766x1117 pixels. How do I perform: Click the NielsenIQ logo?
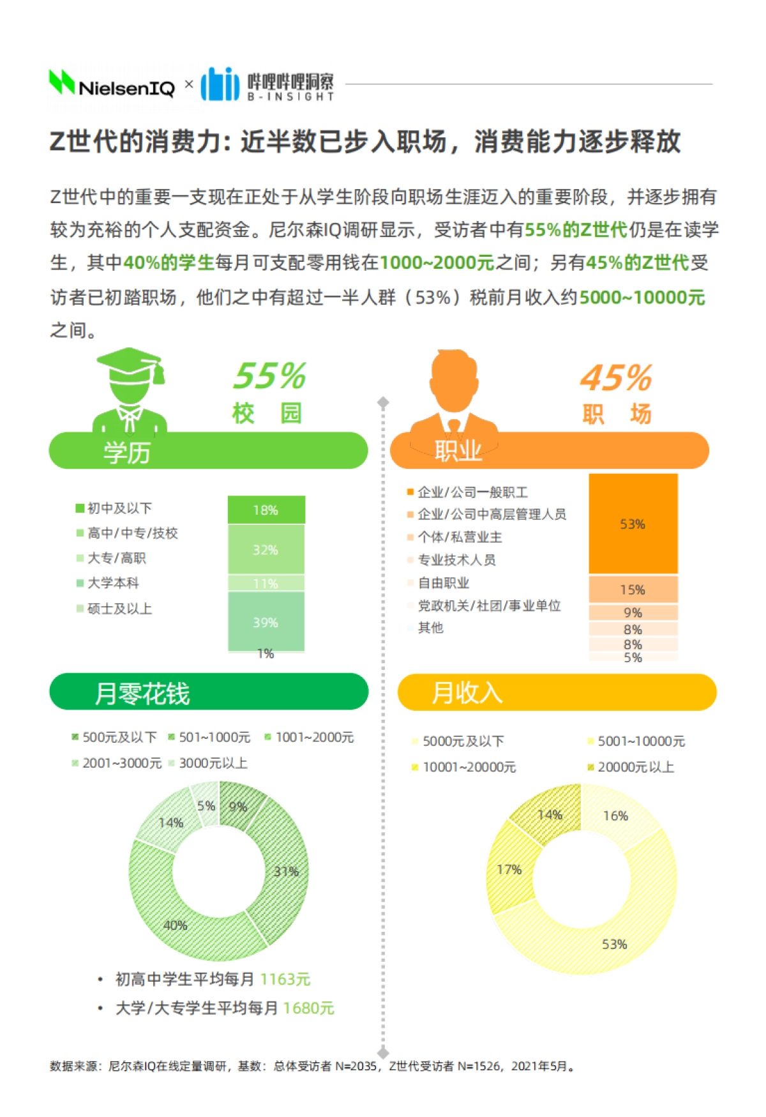(112, 85)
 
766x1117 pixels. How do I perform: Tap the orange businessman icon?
(454, 393)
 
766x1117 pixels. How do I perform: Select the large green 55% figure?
(269, 376)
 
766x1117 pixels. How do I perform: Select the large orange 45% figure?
(616, 377)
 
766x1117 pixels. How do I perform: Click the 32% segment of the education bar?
(266, 550)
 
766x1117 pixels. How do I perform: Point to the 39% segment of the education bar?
(266, 622)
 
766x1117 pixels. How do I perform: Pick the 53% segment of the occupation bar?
(633, 524)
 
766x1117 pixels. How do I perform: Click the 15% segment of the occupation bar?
(633, 589)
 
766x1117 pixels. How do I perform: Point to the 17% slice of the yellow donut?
(509, 870)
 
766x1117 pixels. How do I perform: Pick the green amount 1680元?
(308, 1008)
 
